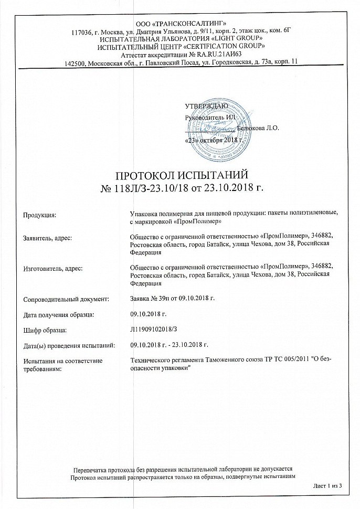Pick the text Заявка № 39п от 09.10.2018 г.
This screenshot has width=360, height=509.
(x=173, y=299)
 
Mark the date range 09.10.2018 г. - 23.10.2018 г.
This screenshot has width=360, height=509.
(x=169, y=345)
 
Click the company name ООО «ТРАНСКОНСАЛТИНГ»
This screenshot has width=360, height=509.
(x=181, y=24)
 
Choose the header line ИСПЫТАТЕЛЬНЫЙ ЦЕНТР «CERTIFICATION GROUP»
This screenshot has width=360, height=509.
(x=181, y=46)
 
